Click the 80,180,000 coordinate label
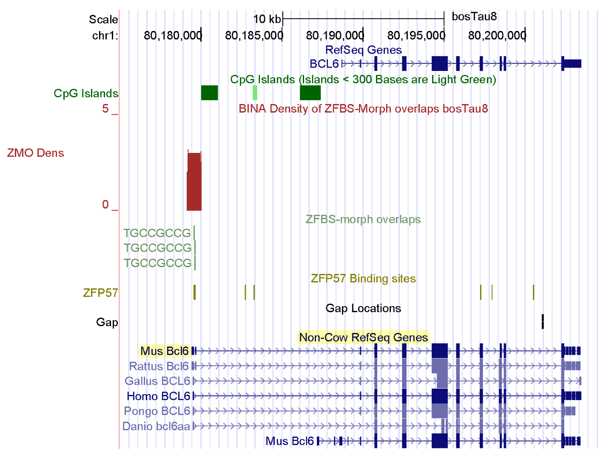click(x=172, y=35)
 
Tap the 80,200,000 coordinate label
click(x=497, y=35)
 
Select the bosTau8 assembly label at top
click(x=474, y=17)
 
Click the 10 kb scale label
click(x=267, y=19)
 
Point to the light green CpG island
click(x=255, y=93)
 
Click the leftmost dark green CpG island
click(x=209, y=93)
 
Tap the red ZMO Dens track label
click(x=35, y=153)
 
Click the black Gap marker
click(x=543, y=321)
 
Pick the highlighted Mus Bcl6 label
click(x=164, y=351)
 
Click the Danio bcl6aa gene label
click(x=156, y=426)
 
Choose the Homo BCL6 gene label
click(x=158, y=396)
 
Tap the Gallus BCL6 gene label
click(x=157, y=381)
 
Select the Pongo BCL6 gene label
click(x=157, y=411)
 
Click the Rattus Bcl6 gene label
click(x=159, y=366)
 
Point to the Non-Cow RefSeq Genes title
click(x=363, y=337)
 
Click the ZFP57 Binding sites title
click(x=363, y=279)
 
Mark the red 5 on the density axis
click(x=105, y=109)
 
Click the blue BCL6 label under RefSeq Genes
click(x=324, y=64)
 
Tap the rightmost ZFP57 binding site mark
click(x=533, y=293)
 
